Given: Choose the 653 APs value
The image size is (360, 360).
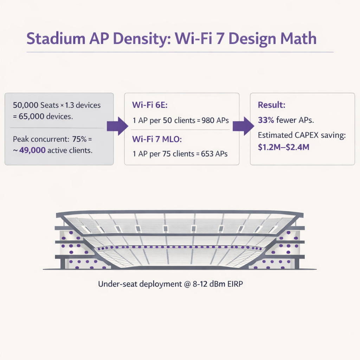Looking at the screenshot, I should click(x=215, y=153).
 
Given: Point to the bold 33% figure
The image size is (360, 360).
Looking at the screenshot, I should click(x=266, y=120).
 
